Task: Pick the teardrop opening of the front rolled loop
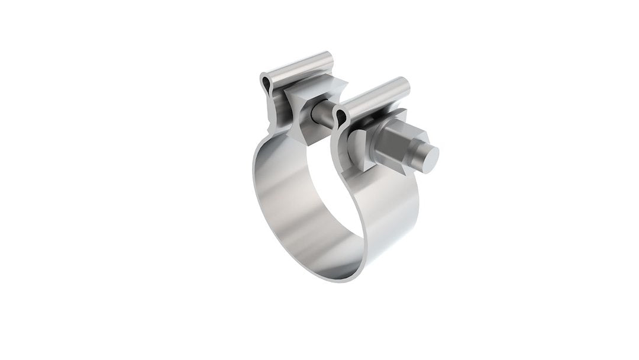(x=340, y=118)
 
